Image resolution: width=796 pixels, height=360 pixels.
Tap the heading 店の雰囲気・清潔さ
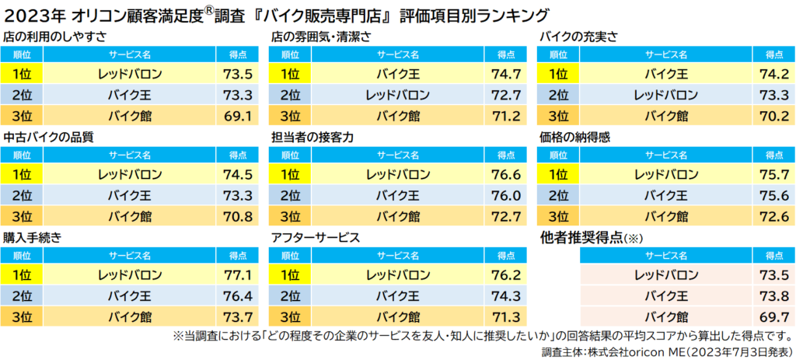click(x=321, y=37)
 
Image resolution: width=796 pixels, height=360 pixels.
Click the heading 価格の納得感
click(x=580, y=136)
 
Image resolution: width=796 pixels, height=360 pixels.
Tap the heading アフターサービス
click(x=314, y=236)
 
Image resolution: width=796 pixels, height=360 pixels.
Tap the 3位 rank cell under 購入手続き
click(x=22, y=316)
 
